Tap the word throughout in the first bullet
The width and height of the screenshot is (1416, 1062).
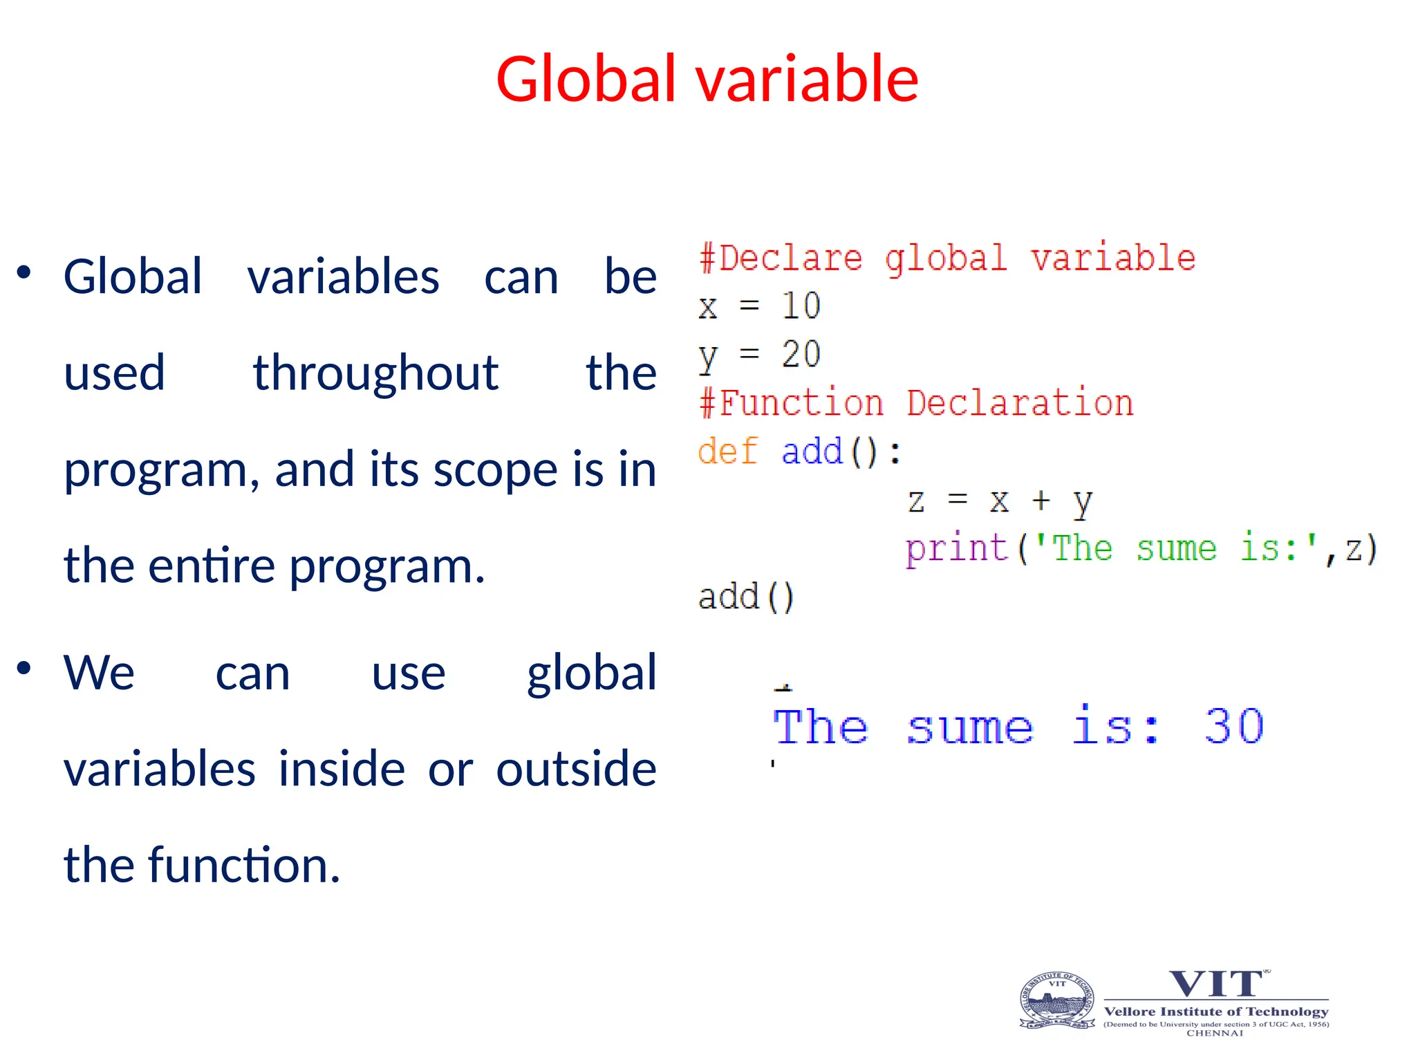point(375,373)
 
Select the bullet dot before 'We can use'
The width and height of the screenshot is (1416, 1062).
point(24,668)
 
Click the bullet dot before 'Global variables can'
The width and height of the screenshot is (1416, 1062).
point(24,272)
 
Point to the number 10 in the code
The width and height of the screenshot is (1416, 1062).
point(801,306)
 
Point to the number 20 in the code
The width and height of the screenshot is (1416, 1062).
point(801,354)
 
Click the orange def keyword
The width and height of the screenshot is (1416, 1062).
point(727,451)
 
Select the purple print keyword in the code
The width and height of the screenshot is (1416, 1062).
point(956,548)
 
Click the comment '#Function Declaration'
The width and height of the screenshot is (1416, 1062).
point(916,403)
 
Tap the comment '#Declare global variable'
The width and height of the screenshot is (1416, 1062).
point(947,259)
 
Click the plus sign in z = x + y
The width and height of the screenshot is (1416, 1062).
point(1041,499)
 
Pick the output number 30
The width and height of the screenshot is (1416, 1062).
point(1234,727)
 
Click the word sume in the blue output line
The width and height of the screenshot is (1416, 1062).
point(969,728)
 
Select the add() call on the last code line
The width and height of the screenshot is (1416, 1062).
point(746,597)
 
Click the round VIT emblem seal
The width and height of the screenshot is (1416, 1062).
point(1057,1000)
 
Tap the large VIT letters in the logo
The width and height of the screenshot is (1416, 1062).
point(1215,984)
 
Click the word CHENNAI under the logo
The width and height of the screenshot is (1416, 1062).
point(1215,1033)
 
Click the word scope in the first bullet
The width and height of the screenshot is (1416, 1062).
point(494,470)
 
